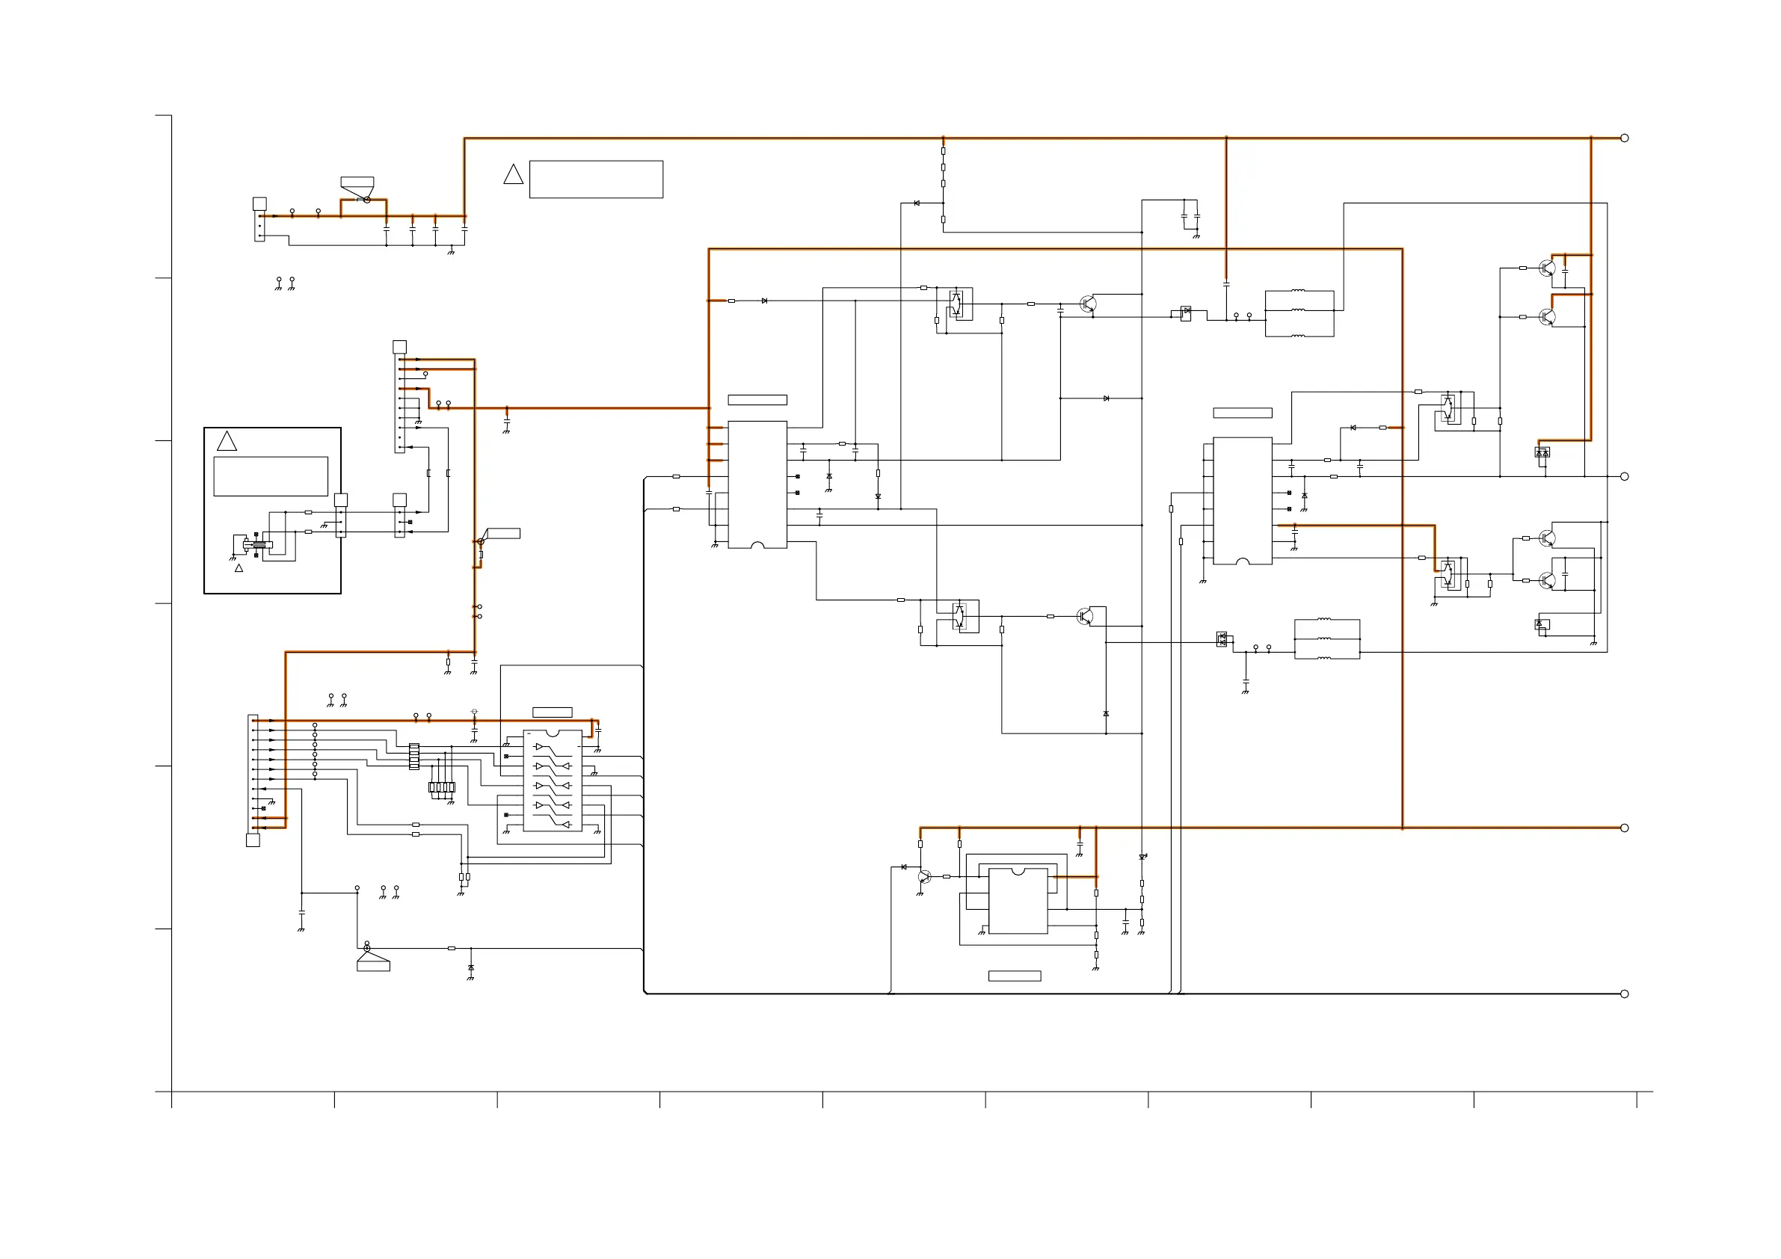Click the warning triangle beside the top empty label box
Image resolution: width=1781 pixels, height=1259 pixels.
click(x=513, y=175)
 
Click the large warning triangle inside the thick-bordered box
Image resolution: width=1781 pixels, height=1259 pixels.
click(x=227, y=441)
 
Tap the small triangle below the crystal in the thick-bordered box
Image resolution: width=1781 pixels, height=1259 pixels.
click(x=239, y=568)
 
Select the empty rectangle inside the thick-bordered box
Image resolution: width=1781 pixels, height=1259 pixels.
click(x=271, y=476)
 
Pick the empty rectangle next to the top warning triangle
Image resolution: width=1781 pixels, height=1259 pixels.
click(x=596, y=179)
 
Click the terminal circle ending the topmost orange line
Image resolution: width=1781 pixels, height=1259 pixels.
click(x=1624, y=138)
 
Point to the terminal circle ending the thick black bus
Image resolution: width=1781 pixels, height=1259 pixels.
click(x=1624, y=994)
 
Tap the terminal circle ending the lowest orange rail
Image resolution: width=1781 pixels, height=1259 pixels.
click(x=1624, y=828)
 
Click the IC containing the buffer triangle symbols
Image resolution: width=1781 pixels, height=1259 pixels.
click(x=553, y=781)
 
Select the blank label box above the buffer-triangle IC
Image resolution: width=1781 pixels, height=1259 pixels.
click(x=553, y=712)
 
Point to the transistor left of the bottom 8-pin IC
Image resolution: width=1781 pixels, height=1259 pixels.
click(x=924, y=876)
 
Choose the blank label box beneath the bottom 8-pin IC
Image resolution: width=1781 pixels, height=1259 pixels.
click(x=1014, y=976)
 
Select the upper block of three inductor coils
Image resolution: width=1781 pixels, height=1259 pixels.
click(x=1299, y=313)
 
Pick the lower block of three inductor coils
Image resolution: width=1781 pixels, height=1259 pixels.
click(x=1326, y=639)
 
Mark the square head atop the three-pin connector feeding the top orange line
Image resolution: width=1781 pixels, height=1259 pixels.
click(x=260, y=204)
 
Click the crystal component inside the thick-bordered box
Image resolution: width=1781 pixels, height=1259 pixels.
click(x=257, y=545)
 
